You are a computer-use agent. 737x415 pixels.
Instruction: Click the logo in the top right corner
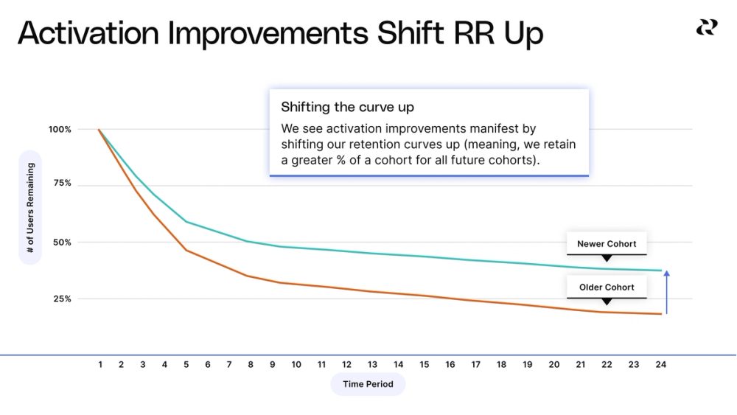pyautogui.click(x=706, y=27)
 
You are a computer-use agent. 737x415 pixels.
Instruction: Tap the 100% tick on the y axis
pyautogui.click(x=60, y=130)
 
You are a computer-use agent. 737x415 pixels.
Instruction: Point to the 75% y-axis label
pyautogui.click(x=62, y=184)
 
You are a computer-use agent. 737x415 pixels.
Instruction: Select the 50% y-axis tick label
pyautogui.click(x=61, y=243)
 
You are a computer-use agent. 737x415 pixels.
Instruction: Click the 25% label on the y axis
pyautogui.click(x=61, y=299)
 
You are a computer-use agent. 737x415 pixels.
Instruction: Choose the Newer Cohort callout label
pyautogui.click(x=606, y=244)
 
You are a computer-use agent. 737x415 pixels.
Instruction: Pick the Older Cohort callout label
pyautogui.click(x=606, y=287)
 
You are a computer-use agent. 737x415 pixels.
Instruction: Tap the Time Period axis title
pyautogui.click(x=368, y=384)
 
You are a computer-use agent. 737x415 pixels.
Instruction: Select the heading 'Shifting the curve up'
pyautogui.click(x=347, y=108)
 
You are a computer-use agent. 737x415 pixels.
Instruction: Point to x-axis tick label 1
pyautogui.click(x=100, y=364)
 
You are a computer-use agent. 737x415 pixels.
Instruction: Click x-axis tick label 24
pyautogui.click(x=660, y=364)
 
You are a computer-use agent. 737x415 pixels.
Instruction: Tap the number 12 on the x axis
pyautogui.click(x=346, y=364)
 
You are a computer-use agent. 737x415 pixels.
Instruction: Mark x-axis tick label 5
pyautogui.click(x=186, y=364)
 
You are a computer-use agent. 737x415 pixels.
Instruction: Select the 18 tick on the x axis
pyautogui.click(x=502, y=364)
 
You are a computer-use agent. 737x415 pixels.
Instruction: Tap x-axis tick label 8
pyautogui.click(x=250, y=364)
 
